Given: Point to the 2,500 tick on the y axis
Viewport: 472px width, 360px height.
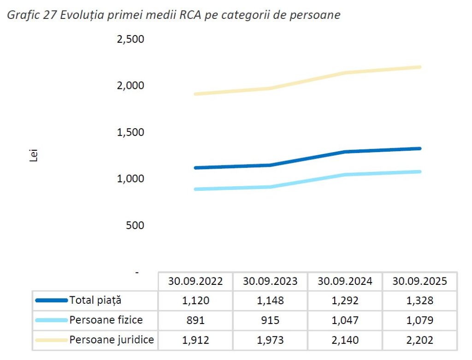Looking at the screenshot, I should click(x=131, y=39).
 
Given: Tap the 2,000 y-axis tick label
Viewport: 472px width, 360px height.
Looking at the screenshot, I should click(x=131, y=86).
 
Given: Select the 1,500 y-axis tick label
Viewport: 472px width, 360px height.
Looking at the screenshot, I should click(x=131, y=133).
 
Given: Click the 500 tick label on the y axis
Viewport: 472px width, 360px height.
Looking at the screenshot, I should click(x=136, y=225).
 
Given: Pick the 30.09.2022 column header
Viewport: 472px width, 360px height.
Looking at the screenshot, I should click(x=195, y=281).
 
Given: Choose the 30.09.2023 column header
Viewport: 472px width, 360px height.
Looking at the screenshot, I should click(x=270, y=281).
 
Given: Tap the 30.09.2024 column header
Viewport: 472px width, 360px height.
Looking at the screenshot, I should click(x=345, y=281).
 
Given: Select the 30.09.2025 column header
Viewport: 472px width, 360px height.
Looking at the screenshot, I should click(x=419, y=281).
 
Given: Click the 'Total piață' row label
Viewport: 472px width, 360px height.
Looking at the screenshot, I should click(x=95, y=301).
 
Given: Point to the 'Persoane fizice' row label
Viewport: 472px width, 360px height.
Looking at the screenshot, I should click(x=106, y=320).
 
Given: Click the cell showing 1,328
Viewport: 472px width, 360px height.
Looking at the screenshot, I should click(x=420, y=301).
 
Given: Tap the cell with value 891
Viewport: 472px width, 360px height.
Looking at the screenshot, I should click(x=195, y=320).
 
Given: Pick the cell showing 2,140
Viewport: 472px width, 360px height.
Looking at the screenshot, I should click(x=345, y=341).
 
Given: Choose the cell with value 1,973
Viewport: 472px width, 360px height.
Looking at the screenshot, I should click(x=270, y=341).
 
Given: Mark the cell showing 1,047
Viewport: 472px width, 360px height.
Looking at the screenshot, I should click(x=345, y=320).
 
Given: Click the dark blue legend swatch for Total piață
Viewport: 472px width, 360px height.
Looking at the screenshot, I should click(x=51, y=301).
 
